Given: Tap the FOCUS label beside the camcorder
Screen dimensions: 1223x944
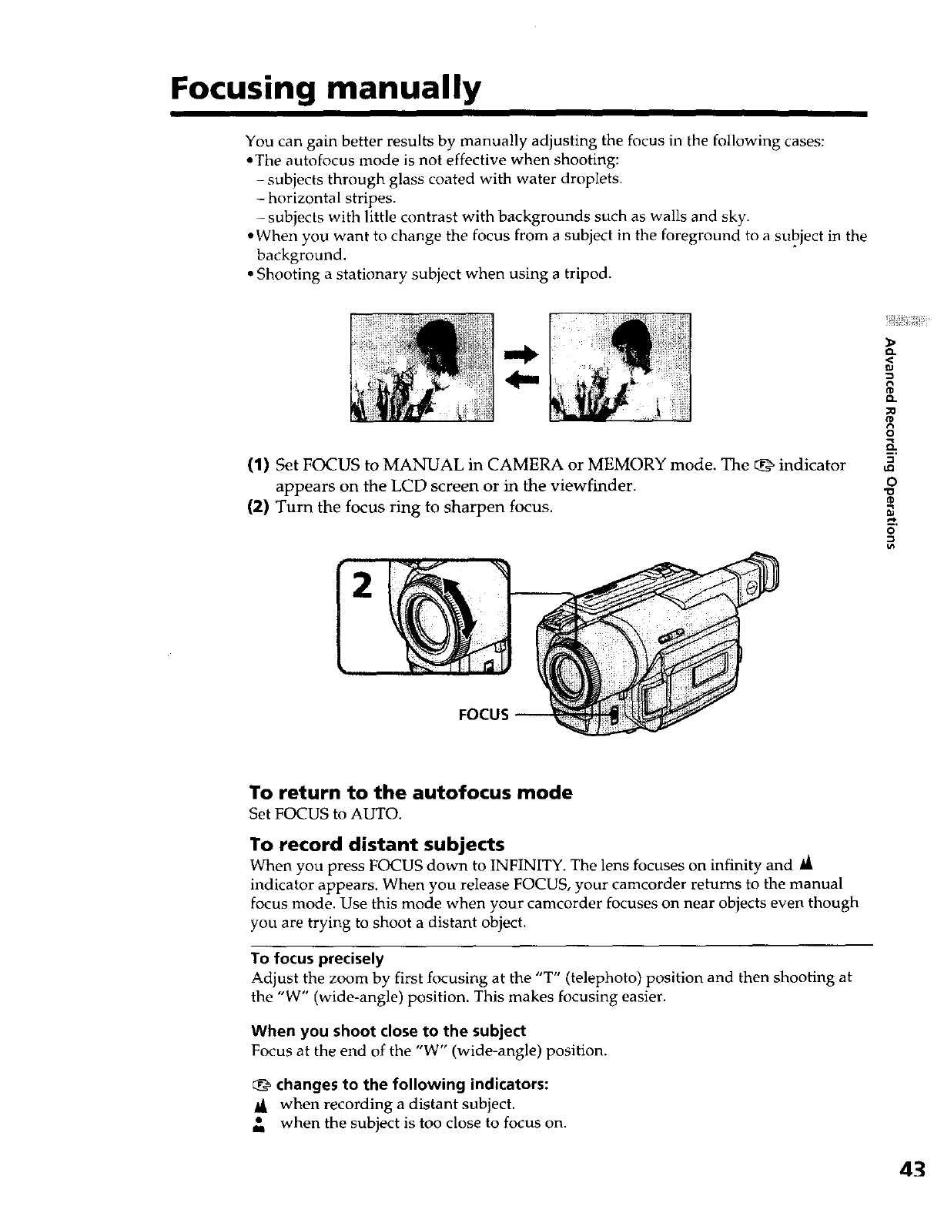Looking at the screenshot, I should tap(483, 714).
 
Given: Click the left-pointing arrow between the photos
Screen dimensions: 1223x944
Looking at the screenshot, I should tap(521, 379).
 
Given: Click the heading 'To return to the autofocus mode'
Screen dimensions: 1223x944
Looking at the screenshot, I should tap(411, 792).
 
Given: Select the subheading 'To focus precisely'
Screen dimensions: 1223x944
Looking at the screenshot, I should tap(317, 959).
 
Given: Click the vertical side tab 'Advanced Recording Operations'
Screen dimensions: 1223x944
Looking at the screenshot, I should tap(891, 444).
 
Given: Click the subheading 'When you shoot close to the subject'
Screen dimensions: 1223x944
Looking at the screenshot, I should tap(388, 1030).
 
